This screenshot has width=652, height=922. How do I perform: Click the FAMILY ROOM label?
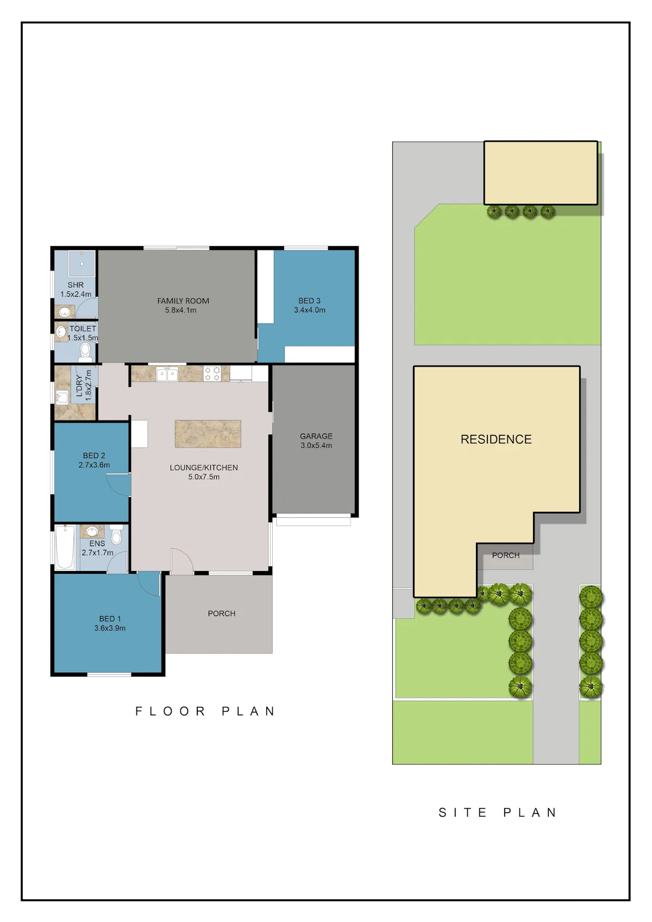[183, 301]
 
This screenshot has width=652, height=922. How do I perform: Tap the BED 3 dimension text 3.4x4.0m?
[310, 310]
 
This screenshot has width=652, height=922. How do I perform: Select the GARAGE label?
[316, 436]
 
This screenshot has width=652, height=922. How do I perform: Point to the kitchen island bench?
[208, 434]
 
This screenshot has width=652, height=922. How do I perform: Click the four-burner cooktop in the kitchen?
[212, 374]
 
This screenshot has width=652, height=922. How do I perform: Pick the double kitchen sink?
[167, 374]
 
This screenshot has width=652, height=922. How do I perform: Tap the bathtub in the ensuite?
[65, 547]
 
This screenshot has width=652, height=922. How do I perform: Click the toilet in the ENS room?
[116, 534]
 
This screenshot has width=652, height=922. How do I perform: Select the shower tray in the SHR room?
[82, 264]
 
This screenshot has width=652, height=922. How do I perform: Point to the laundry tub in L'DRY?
[62, 398]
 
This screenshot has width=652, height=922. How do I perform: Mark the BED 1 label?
[110, 619]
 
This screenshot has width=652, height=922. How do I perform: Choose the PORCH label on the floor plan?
[222, 613]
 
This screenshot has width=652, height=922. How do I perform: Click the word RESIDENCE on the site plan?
[496, 439]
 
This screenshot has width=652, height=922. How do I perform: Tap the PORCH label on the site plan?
[506, 555]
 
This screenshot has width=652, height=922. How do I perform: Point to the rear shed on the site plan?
[541, 173]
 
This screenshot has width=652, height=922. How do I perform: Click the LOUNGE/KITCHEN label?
[204, 468]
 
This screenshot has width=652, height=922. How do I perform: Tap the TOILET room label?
[83, 329]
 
